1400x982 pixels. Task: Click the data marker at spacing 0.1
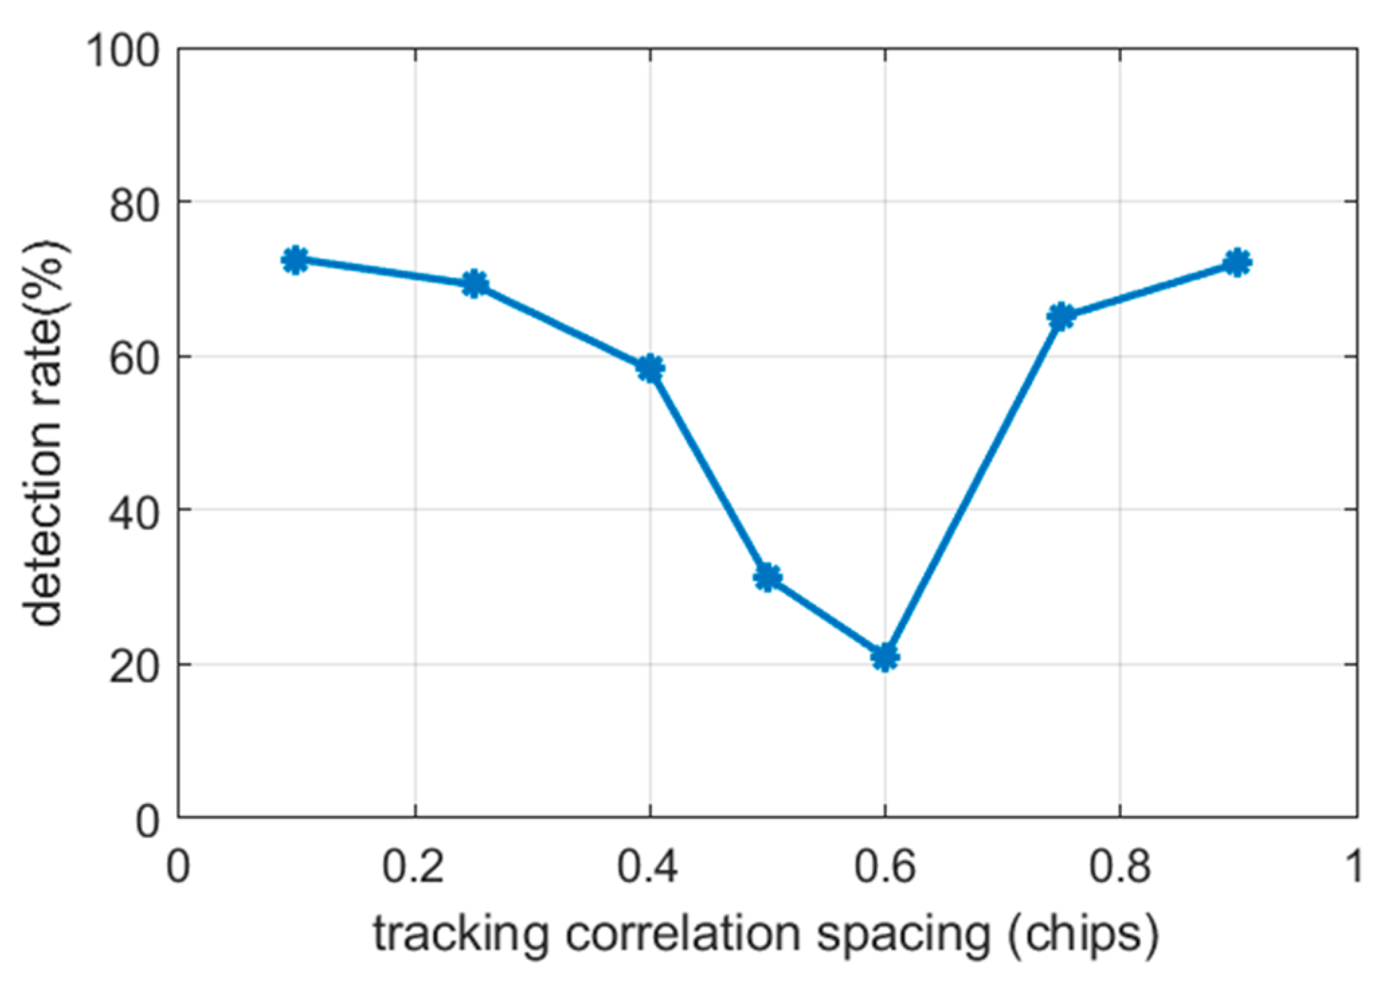(x=295, y=260)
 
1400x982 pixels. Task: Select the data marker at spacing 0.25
(x=474, y=284)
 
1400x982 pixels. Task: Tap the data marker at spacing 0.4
(x=650, y=368)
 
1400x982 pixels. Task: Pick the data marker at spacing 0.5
(x=767, y=577)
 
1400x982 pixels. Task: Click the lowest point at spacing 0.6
(x=885, y=656)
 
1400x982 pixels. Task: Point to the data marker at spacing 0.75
(x=1061, y=316)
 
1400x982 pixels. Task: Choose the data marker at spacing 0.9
(x=1238, y=263)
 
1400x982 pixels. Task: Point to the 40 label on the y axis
(x=135, y=513)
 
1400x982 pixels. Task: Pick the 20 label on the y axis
(x=135, y=668)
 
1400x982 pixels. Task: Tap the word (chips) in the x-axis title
(x=1083, y=935)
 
